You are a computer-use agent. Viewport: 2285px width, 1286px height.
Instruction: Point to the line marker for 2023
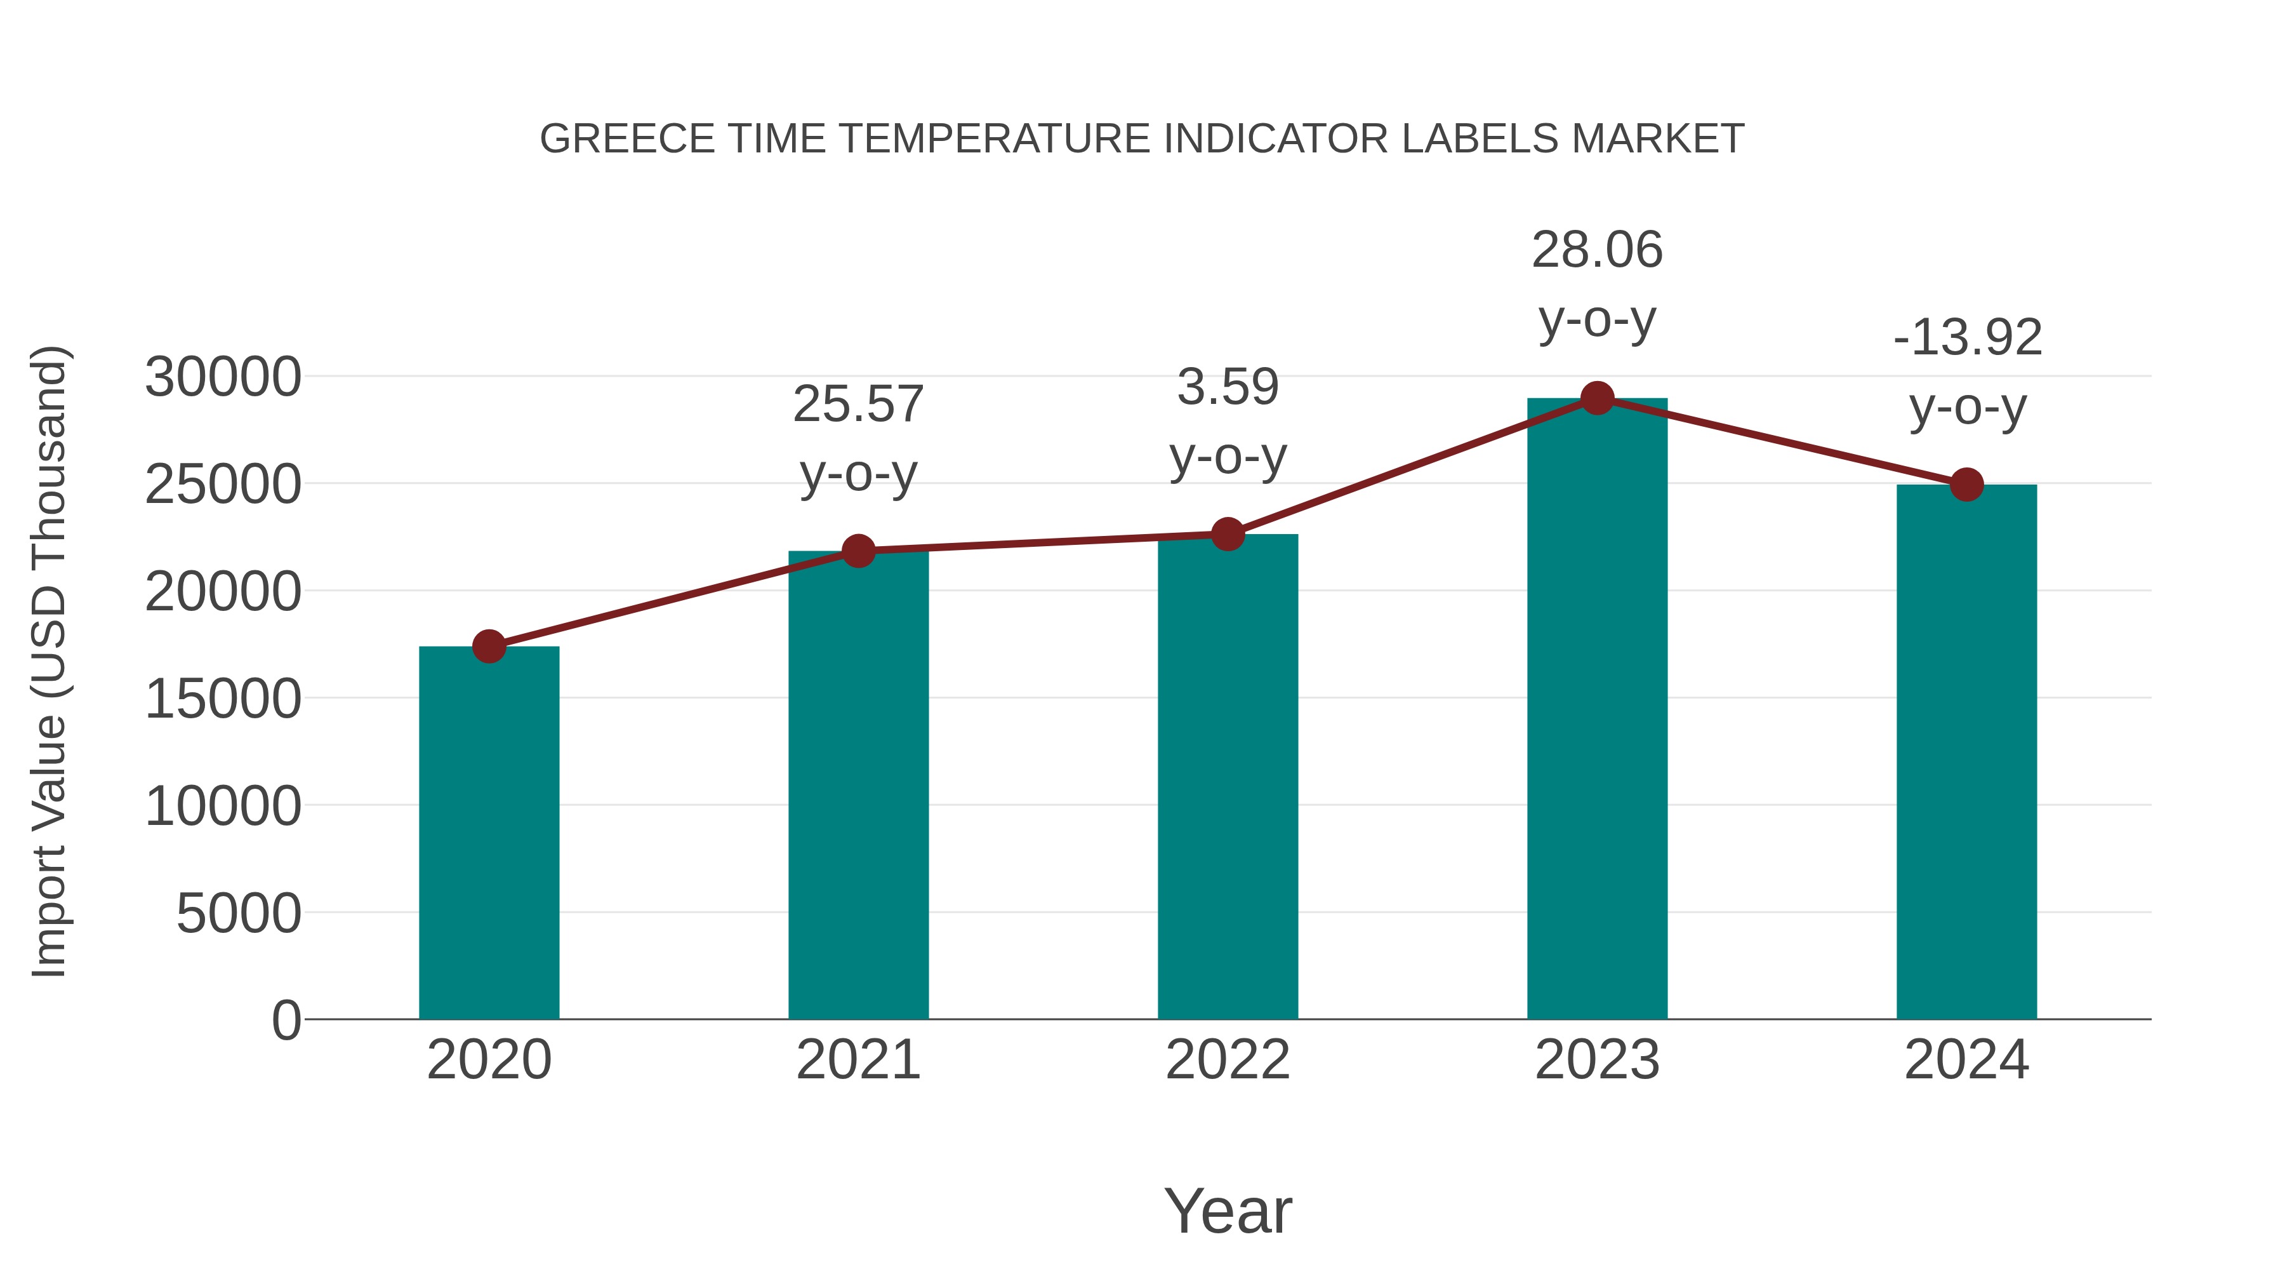pyautogui.click(x=1597, y=398)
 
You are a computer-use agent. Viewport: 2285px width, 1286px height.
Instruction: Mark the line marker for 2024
pyautogui.click(x=1966, y=485)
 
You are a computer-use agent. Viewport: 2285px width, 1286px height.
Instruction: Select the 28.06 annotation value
pyautogui.click(x=1597, y=250)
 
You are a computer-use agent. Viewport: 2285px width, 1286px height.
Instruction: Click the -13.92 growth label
pyautogui.click(x=1966, y=338)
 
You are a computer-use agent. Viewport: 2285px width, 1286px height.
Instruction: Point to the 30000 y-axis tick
pyautogui.click(x=223, y=377)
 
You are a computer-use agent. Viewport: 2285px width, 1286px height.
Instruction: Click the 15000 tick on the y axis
pyautogui.click(x=223, y=699)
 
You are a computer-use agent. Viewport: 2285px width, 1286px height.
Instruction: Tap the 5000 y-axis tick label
pyautogui.click(x=239, y=913)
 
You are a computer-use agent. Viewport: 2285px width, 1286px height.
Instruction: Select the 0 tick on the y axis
pyautogui.click(x=286, y=1020)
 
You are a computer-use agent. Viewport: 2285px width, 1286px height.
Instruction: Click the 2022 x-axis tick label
pyautogui.click(x=1228, y=1060)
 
